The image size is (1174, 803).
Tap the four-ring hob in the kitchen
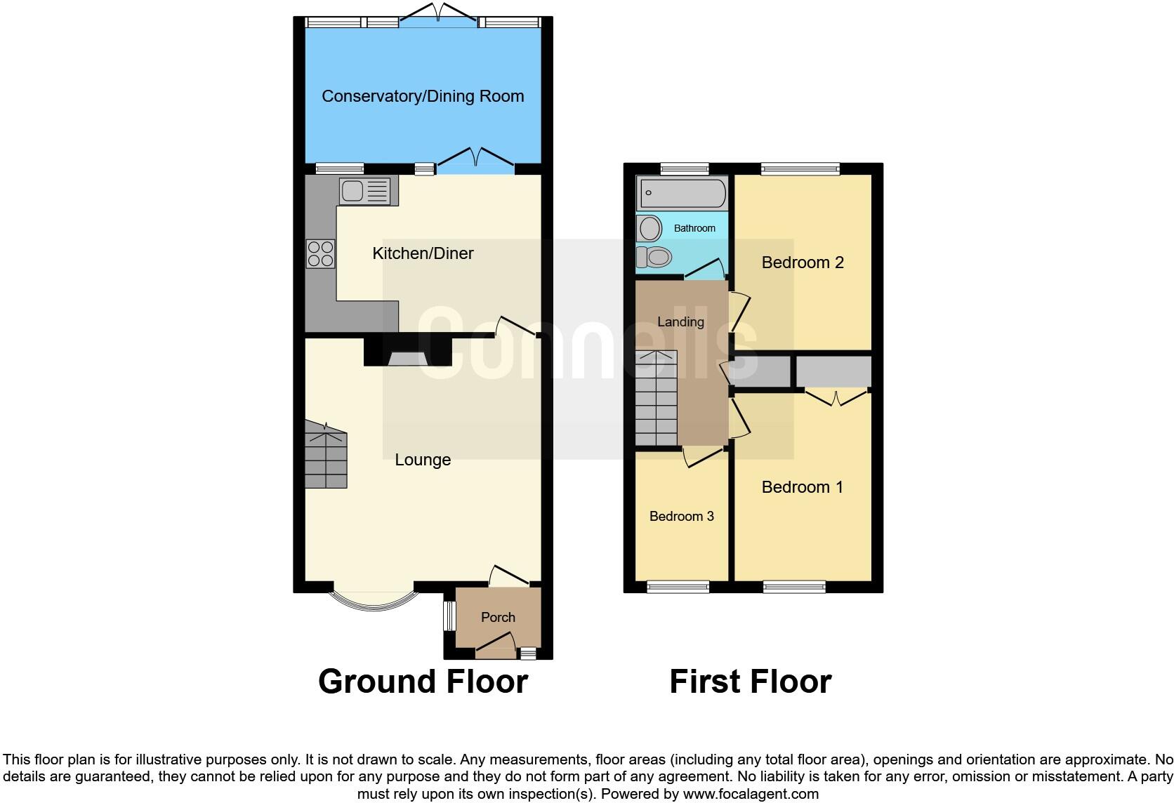320,253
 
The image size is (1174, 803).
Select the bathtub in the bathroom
681,192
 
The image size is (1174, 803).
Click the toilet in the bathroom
654,258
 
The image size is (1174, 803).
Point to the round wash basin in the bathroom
649,229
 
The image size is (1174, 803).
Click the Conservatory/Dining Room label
423,96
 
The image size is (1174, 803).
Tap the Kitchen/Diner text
423,253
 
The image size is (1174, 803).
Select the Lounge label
423,460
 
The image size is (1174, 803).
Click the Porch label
498,618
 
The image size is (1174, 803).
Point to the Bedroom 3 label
681,517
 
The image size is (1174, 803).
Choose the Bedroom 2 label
803,263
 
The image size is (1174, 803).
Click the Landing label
680,322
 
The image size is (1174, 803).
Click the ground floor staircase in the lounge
326,456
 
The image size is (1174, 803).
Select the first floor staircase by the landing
656,398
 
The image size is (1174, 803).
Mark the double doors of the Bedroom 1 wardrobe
836,399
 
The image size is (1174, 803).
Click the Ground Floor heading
423,682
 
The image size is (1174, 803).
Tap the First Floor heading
750,682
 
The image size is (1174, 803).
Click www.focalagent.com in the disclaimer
751,795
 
